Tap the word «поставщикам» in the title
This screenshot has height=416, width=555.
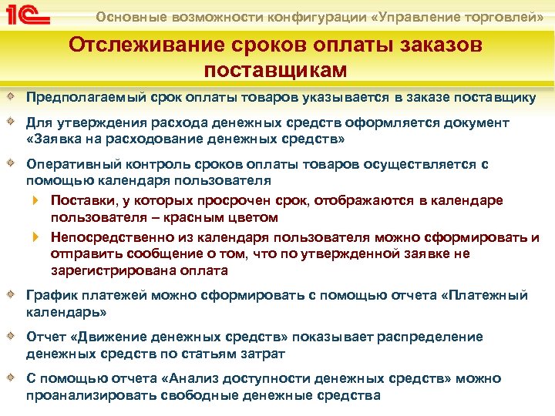(275, 69)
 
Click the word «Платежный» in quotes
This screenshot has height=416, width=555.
(489, 295)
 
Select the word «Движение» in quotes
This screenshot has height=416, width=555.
(104, 337)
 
